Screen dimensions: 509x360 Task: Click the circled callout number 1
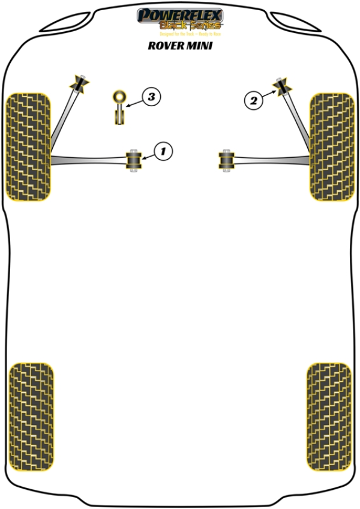162,151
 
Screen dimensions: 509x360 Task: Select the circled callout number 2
254,101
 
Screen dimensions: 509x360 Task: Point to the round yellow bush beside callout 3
119,95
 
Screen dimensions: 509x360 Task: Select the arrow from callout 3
134,101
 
